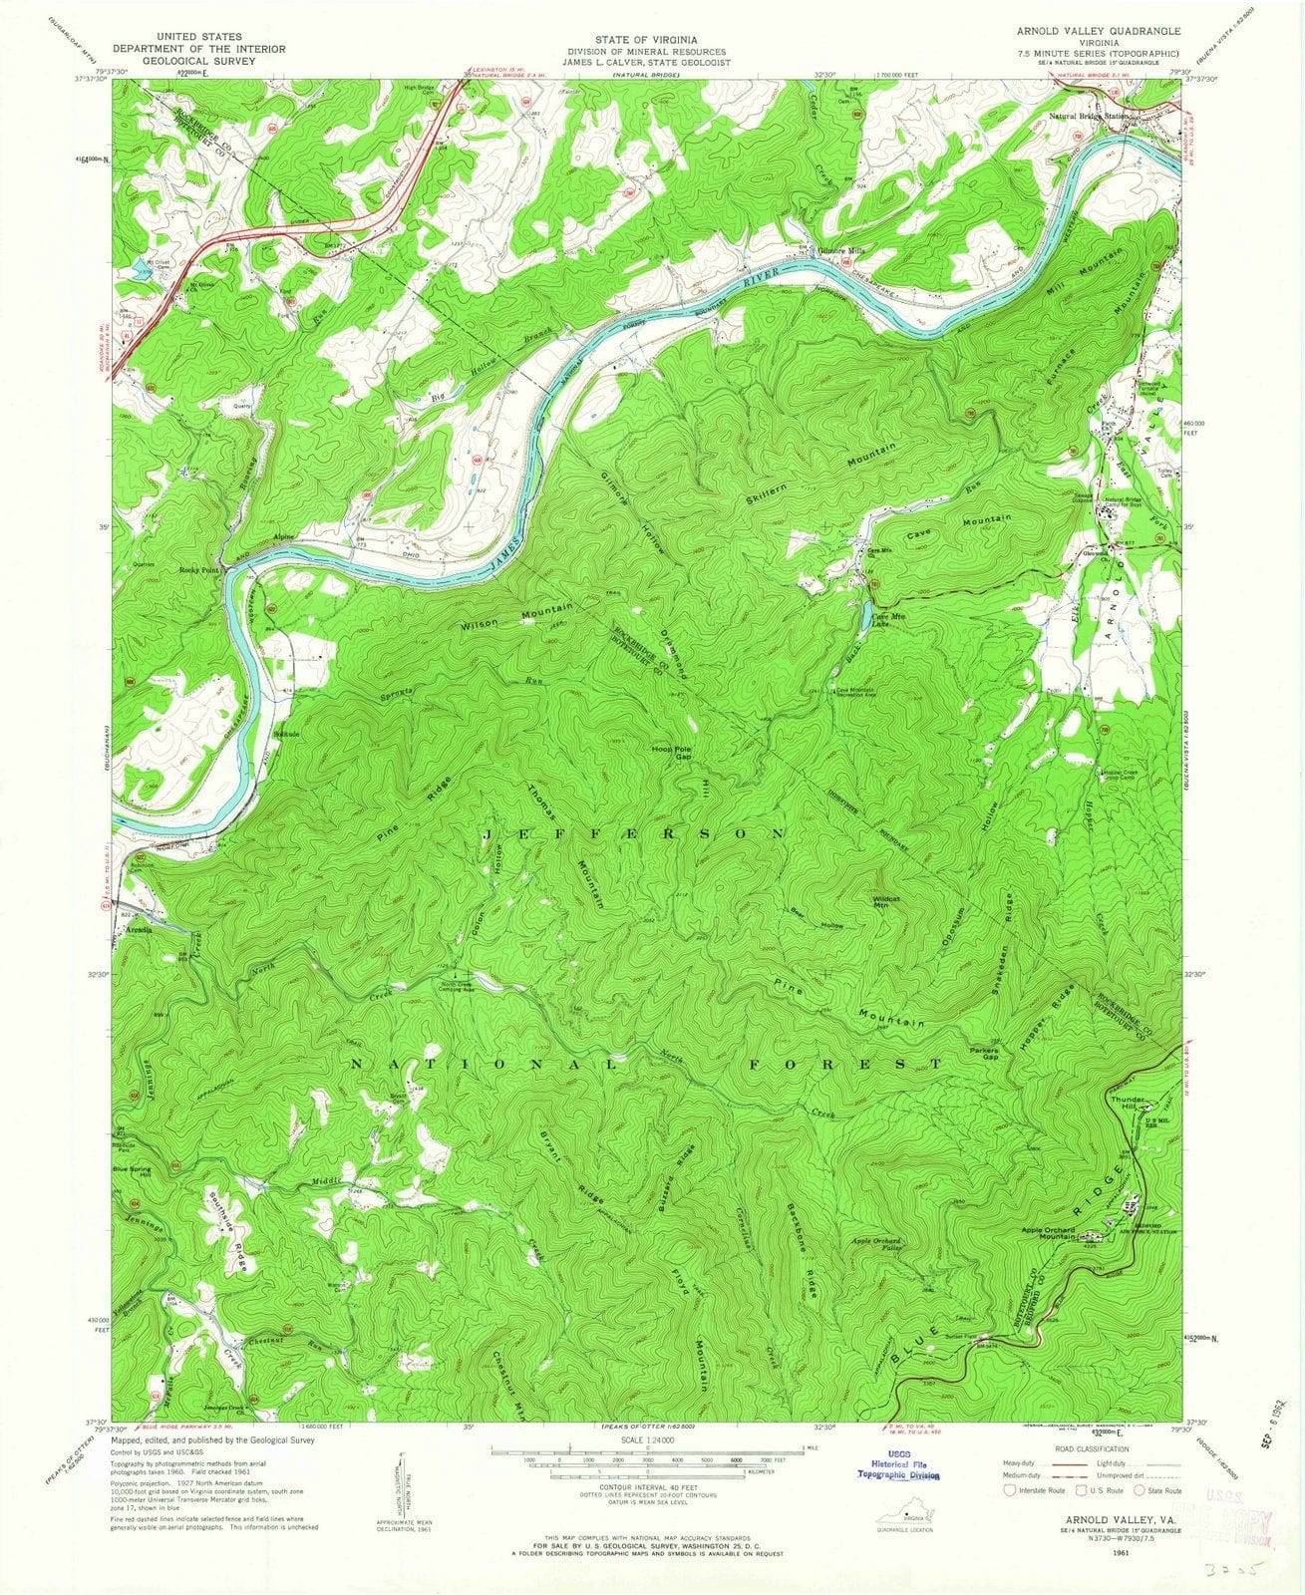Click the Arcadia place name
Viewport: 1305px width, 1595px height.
[137, 929]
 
